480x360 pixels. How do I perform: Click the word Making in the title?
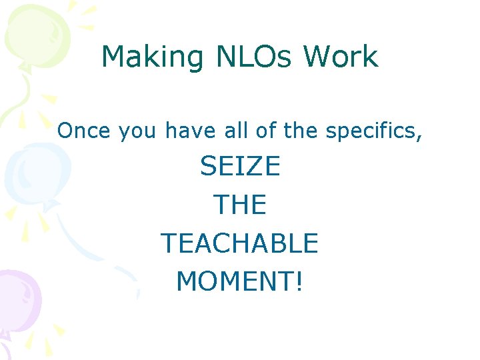pos(152,57)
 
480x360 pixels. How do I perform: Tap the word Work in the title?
pos(341,57)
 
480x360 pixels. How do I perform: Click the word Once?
pos(85,131)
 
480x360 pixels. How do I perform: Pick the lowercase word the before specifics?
pos(301,131)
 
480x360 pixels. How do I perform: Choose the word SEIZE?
pos(240,167)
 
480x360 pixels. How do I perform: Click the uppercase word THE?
pos(240,205)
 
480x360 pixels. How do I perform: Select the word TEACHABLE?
pos(240,243)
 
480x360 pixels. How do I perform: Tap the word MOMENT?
pos(235,282)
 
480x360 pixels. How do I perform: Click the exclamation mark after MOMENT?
pos(299,282)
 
